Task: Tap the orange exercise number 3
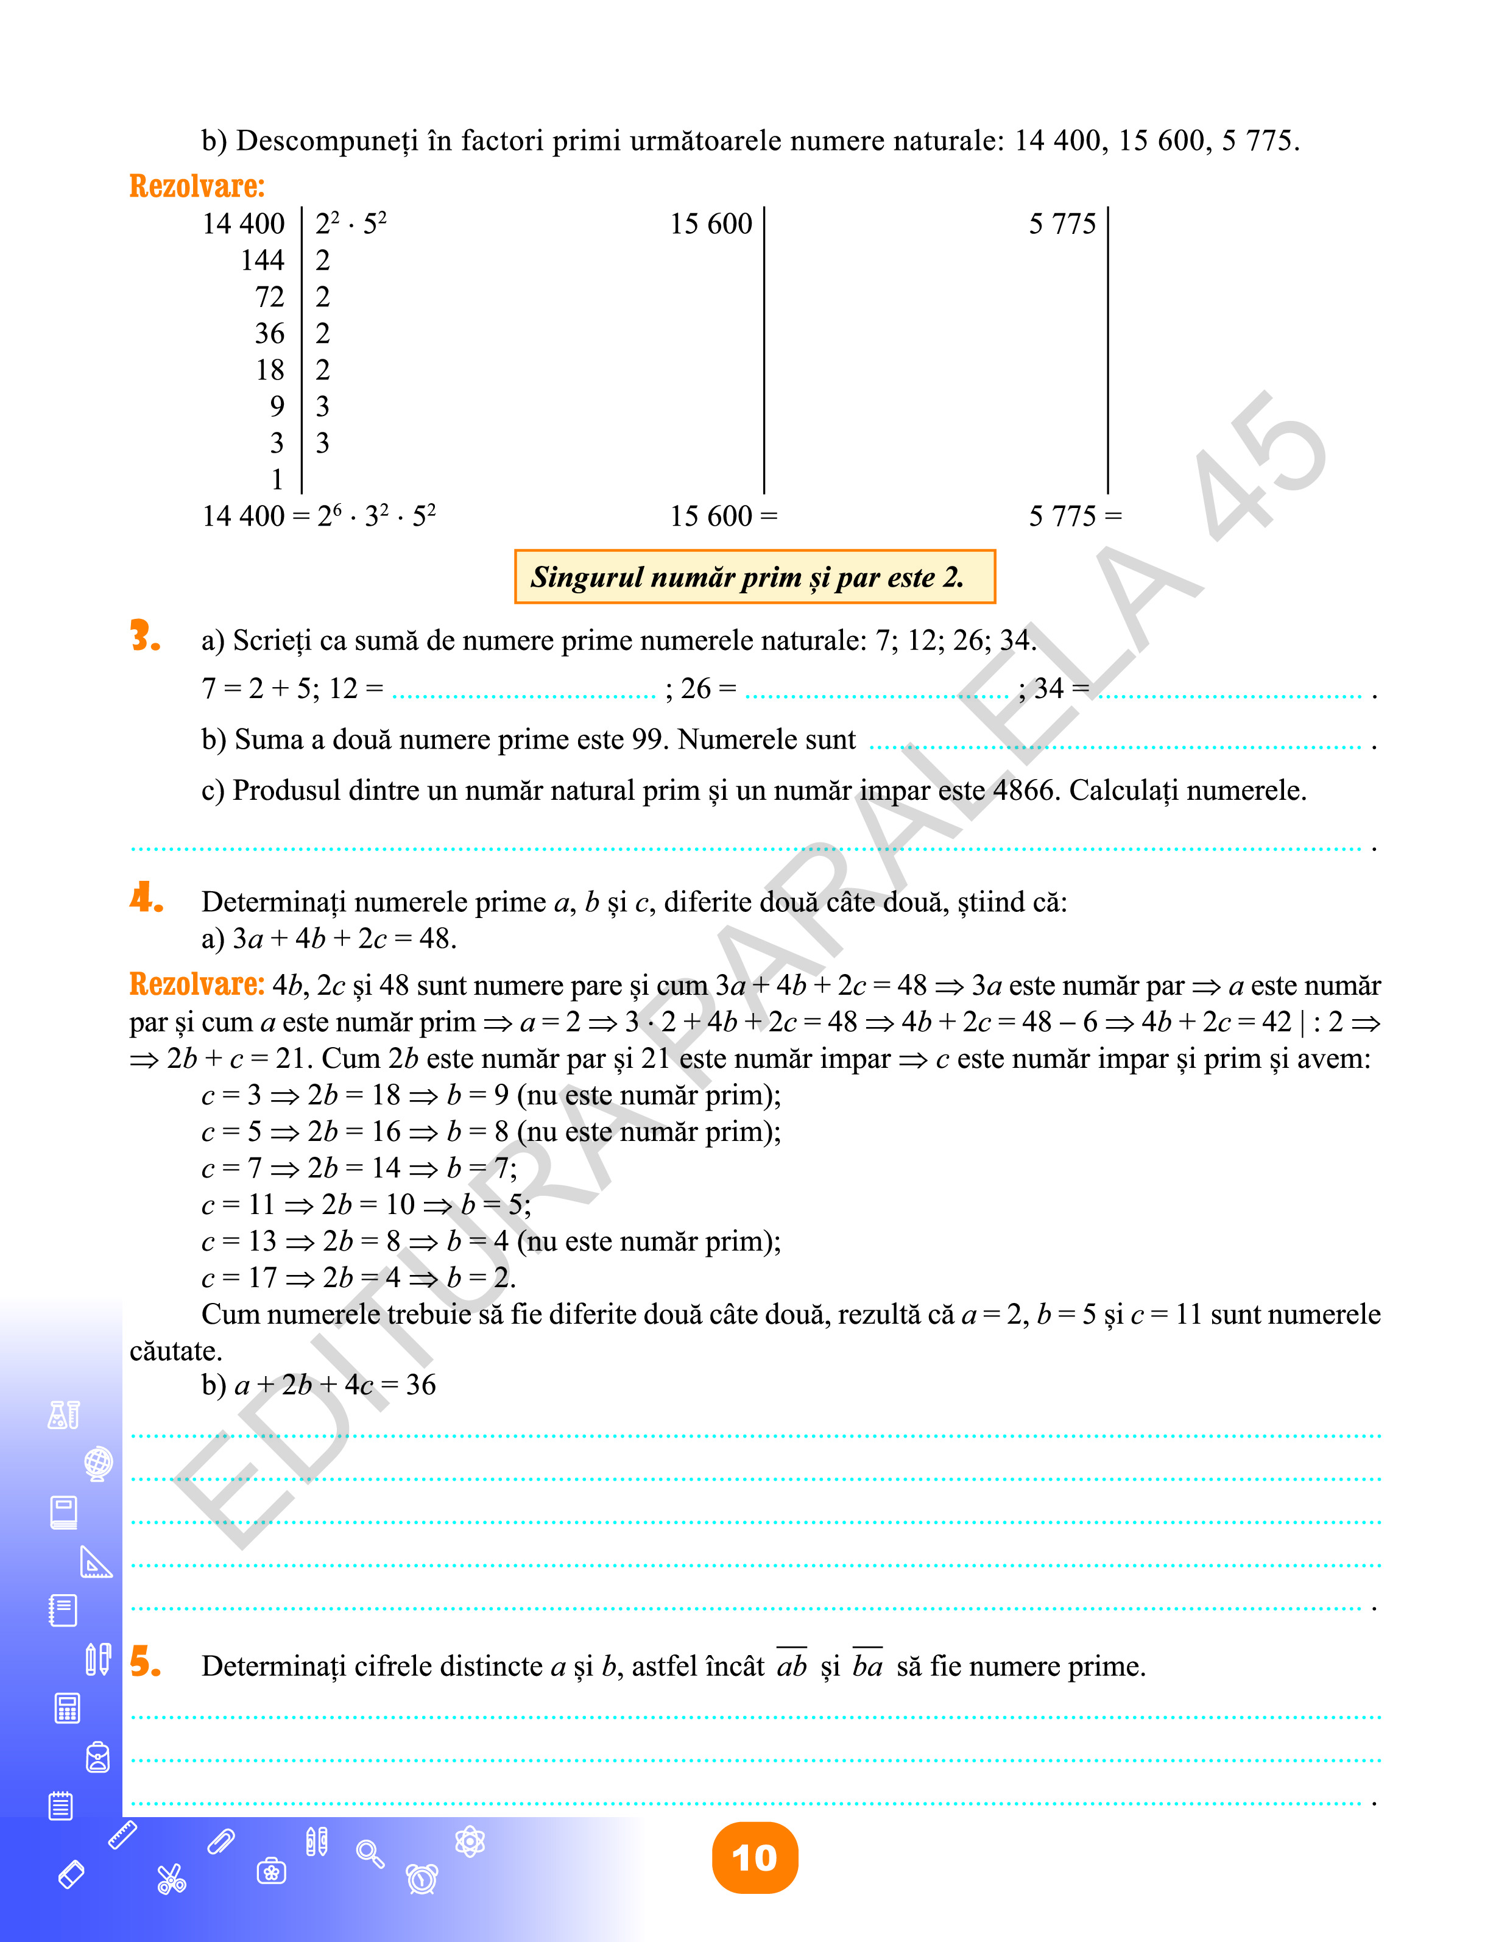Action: point(144,637)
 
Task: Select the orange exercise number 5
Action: point(144,1661)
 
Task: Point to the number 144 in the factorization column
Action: point(263,261)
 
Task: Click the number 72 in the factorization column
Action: point(269,297)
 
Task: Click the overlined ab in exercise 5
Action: point(791,1665)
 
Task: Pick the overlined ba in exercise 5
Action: point(867,1665)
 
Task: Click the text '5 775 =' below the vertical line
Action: point(1075,516)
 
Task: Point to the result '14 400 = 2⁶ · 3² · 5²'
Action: point(319,516)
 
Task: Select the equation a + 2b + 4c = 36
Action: point(334,1385)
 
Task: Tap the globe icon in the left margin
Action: point(98,1463)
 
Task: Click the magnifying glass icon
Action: point(369,1853)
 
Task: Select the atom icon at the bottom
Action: point(470,1841)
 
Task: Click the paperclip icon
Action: point(221,1841)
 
